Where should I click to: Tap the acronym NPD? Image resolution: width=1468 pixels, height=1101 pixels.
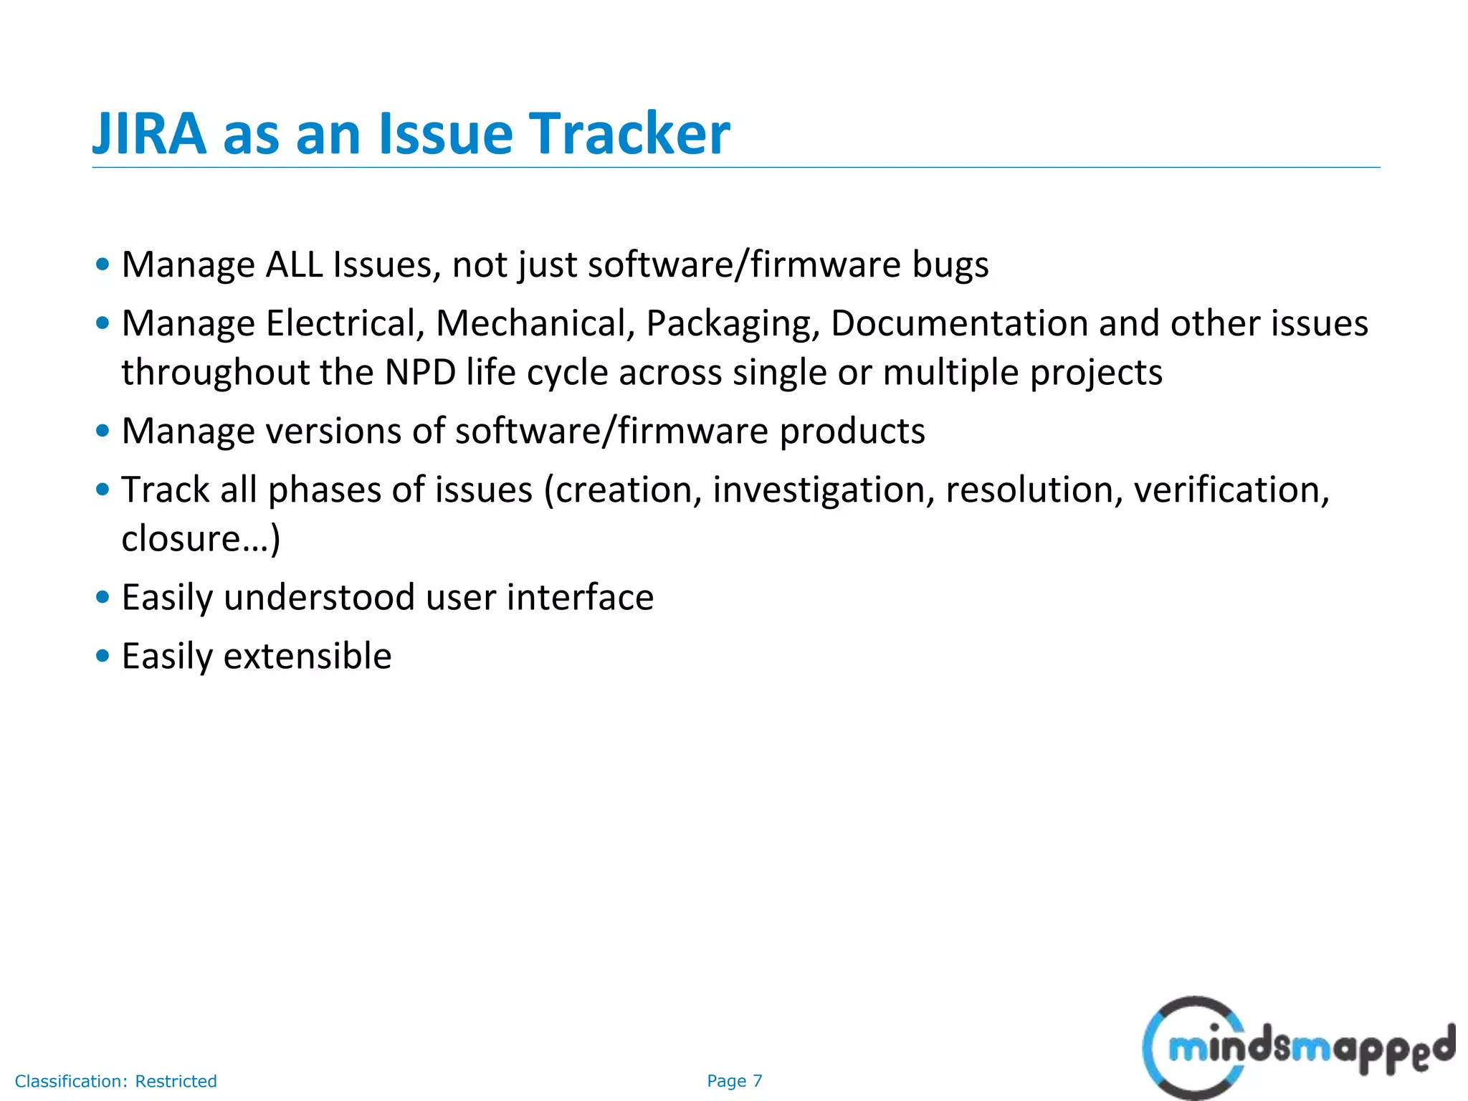point(420,372)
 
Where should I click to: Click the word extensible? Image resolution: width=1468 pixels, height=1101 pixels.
point(308,656)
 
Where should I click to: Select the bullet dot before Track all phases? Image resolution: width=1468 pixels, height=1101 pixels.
point(103,490)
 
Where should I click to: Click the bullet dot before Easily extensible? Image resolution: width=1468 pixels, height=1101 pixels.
point(103,656)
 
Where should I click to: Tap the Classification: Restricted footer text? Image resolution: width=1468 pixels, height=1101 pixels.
point(115,1081)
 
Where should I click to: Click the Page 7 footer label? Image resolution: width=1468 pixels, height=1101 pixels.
point(734,1081)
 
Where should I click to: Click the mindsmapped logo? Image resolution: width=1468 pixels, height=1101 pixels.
point(1297,1048)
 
